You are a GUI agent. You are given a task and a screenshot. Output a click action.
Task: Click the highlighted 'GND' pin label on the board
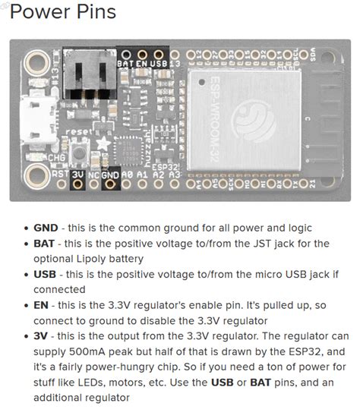point(110,174)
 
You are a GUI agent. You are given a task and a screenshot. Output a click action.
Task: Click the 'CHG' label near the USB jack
point(35,158)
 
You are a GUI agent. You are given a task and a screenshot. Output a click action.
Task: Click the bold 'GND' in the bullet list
point(46,228)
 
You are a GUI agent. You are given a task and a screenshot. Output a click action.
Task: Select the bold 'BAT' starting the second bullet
point(44,244)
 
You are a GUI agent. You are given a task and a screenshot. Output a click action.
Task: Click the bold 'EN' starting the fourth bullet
point(41,304)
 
